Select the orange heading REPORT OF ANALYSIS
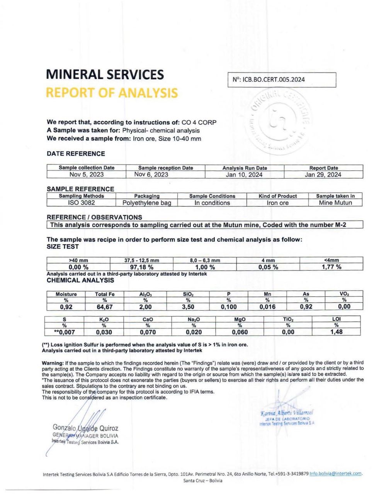112,93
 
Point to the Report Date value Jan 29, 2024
323,175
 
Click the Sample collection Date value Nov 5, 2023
87,174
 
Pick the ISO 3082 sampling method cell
82,203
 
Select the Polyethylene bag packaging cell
147,203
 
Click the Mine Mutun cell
335,203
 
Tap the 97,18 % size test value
142,267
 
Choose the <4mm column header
331,261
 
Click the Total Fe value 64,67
105,307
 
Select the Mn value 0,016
267,307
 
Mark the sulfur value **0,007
65,332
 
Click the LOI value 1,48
336,332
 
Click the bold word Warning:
53,363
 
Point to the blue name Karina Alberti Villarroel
287,413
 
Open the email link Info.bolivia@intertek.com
335,474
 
